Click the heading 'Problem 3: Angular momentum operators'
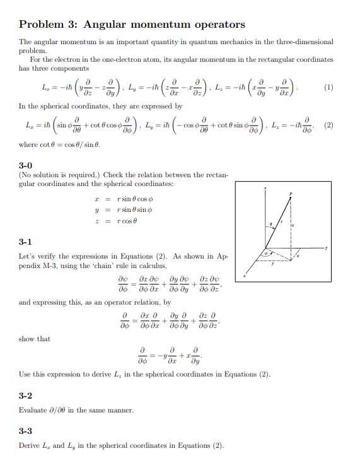pos(132,25)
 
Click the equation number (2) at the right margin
pos(328,125)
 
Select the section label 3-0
pos(28,165)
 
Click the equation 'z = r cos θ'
pos(114,221)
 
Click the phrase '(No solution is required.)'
pos(57,175)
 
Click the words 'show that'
pos(35,339)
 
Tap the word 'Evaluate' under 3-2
pos(34,411)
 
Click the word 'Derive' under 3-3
pos(30,446)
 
